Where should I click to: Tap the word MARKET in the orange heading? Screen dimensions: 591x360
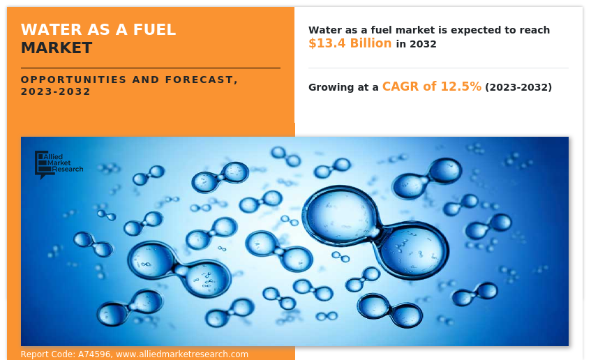click(57, 48)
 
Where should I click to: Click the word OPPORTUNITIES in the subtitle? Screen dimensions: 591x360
click(73, 80)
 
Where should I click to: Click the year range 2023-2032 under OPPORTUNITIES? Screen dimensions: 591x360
click(55, 91)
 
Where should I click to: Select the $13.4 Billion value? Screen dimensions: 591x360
click(350, 43)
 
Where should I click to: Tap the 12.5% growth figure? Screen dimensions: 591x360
click(461, 87)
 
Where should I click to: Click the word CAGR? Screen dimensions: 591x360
click(401, 87)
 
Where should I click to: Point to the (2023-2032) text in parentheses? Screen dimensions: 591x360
click(518, 87)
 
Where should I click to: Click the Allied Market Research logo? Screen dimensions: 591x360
click(59, 165)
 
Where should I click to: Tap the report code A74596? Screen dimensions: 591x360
click(94, 354)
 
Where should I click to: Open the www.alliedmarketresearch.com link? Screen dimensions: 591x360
click(182, 354)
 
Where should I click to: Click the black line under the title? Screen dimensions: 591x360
click(151, 68)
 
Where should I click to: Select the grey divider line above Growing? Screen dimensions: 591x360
click(438, 68)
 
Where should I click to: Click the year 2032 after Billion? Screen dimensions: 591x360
click(423, 44)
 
